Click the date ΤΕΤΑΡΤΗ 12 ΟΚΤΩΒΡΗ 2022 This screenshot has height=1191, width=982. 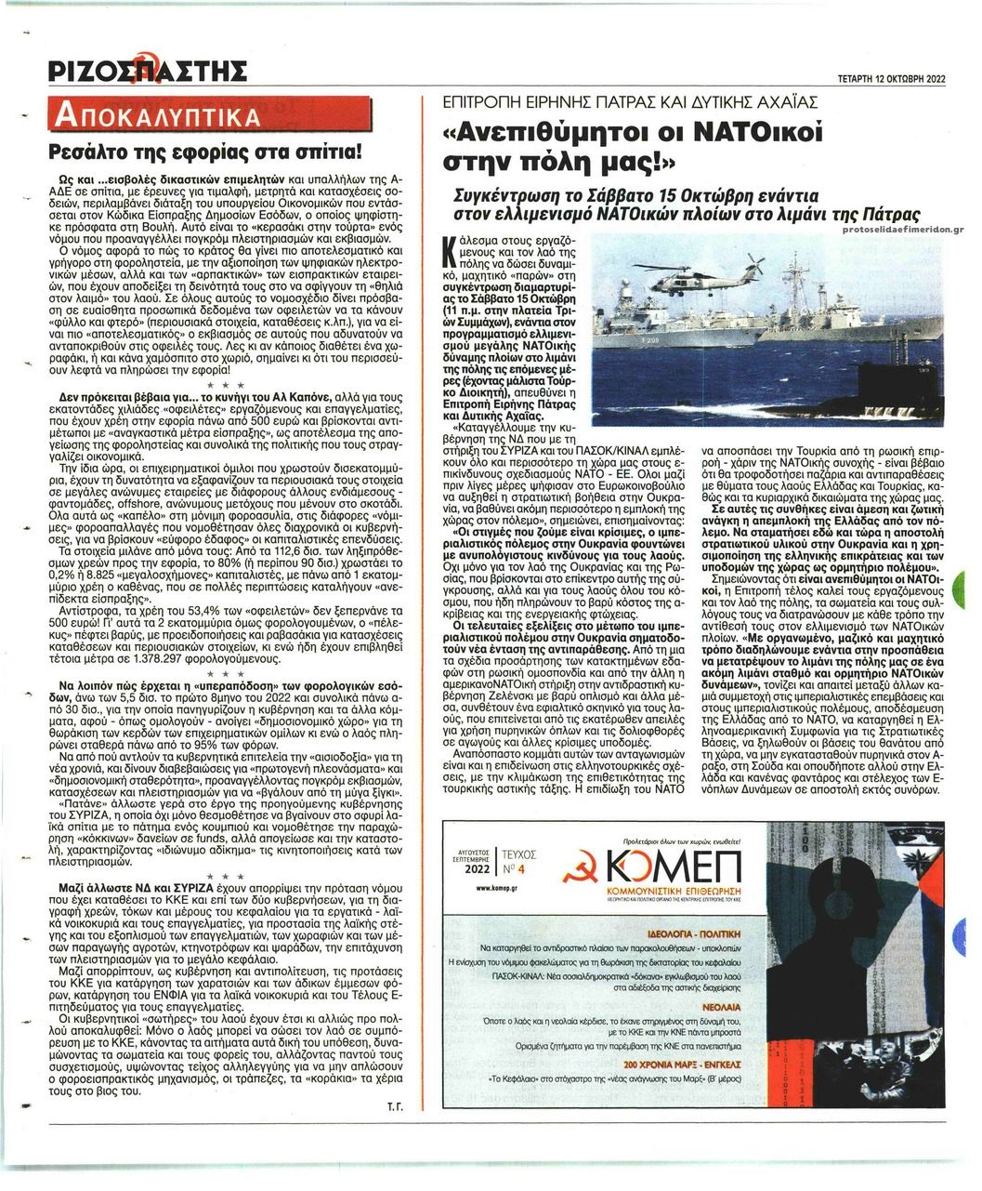[891, 79]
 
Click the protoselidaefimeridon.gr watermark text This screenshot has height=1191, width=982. [904, 230]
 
